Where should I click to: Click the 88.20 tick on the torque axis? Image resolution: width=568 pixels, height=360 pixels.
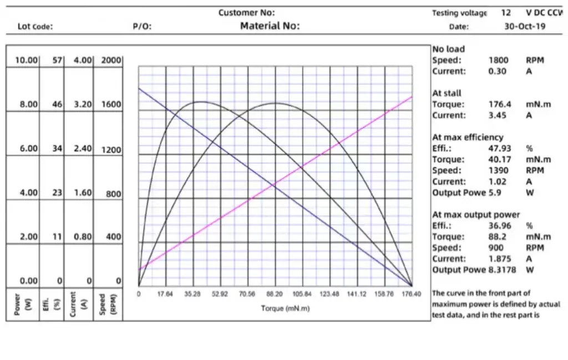pyautogui.click(x=275, y=294)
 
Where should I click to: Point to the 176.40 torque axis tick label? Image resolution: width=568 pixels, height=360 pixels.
pyautogui.click(x=411, y=294)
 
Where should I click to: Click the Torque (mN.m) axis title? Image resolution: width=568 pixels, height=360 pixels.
pyautogui.click(x=285, y=308)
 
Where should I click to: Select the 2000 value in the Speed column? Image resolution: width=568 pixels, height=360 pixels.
pyautogui.click(x=111, y=60)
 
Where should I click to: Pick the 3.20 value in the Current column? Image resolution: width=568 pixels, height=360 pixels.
pyautogui.click(x=82, y=104)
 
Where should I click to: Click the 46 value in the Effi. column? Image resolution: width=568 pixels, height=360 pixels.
pyautogui.click(x=58, y=104)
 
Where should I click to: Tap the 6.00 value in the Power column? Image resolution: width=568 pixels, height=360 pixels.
pyautogui.click(x=26, y=149)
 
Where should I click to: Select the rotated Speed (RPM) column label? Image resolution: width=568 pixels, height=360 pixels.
pyautogui.click(x=106, y=305)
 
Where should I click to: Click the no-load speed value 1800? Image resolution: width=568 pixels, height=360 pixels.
pyautogui.click(x=498, y=60)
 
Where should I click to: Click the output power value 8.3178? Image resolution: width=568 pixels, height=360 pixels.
pyautogui.click(x=499, y=270)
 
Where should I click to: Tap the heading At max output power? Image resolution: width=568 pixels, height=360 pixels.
pyautogui.click(x=476, y=215)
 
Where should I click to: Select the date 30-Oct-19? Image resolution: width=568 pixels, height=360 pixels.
pyautogui.click(x=524, y=26)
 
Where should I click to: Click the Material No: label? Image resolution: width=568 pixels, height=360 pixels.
pyautogui.click(x=270, y=26)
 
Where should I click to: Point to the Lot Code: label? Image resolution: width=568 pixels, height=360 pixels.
pyautogui.click(x=35, y=26)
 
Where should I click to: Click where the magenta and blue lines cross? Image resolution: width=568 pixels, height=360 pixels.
pyautogui.click(x=275, y=185)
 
